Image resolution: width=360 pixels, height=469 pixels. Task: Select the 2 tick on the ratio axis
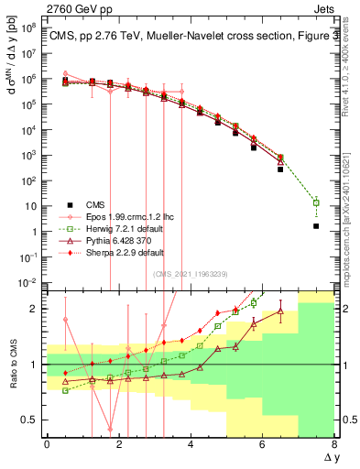click(x=33, y=309)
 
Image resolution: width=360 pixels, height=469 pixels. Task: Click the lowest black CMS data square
click(x=316, y=225)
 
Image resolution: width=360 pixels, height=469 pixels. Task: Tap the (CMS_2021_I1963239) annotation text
click(x=191, y=274)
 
